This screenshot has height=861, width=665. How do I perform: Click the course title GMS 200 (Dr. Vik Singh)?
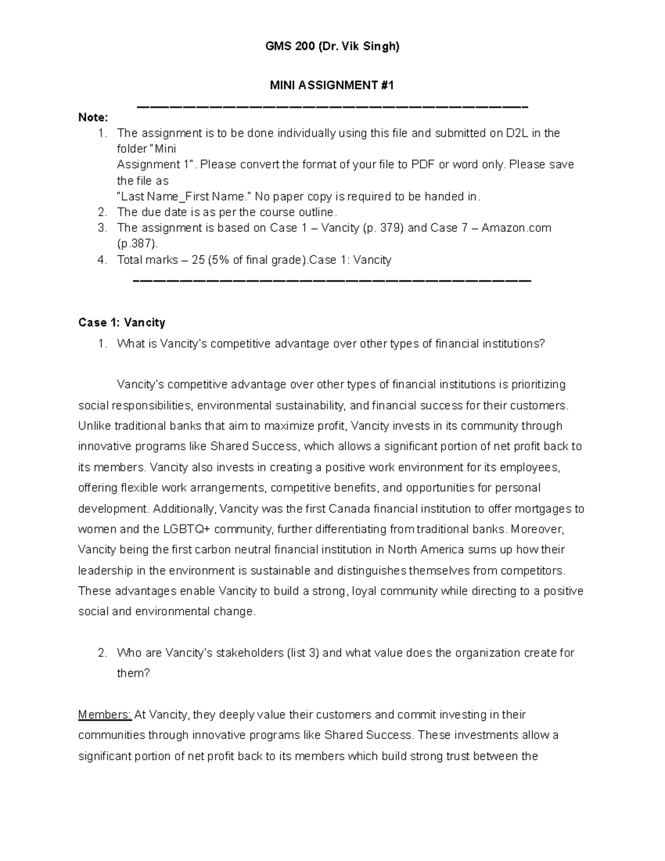pos(332,47)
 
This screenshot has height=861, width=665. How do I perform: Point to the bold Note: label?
pos(93,118)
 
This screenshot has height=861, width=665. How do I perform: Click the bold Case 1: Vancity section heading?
pos(122,323)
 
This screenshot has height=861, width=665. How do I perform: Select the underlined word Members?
pos(105,715)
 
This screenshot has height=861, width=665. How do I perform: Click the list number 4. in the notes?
pos(102,260)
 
